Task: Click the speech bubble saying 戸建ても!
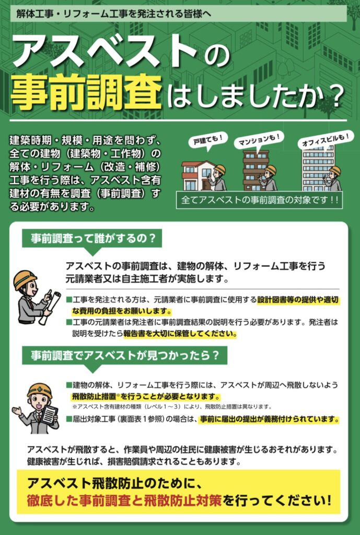click(x=206, y=140)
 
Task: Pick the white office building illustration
click(x=318, y=168)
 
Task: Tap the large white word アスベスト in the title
click(x=104, y=52)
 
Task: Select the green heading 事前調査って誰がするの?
click(x=92, y=238)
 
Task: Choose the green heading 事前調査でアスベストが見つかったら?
click(x=124, y=355)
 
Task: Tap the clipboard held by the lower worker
click(x=48, y=415)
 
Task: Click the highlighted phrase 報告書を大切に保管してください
click(x=180, y=333)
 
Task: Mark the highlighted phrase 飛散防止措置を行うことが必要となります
click(x=146, y=397)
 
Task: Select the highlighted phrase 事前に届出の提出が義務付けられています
click(x=269, y=419)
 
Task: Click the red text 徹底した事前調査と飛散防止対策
click(x=124, y=501)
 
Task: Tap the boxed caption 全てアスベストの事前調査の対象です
click(x=259, y=200)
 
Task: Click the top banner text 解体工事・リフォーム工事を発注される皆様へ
click(x=113, y=14)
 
